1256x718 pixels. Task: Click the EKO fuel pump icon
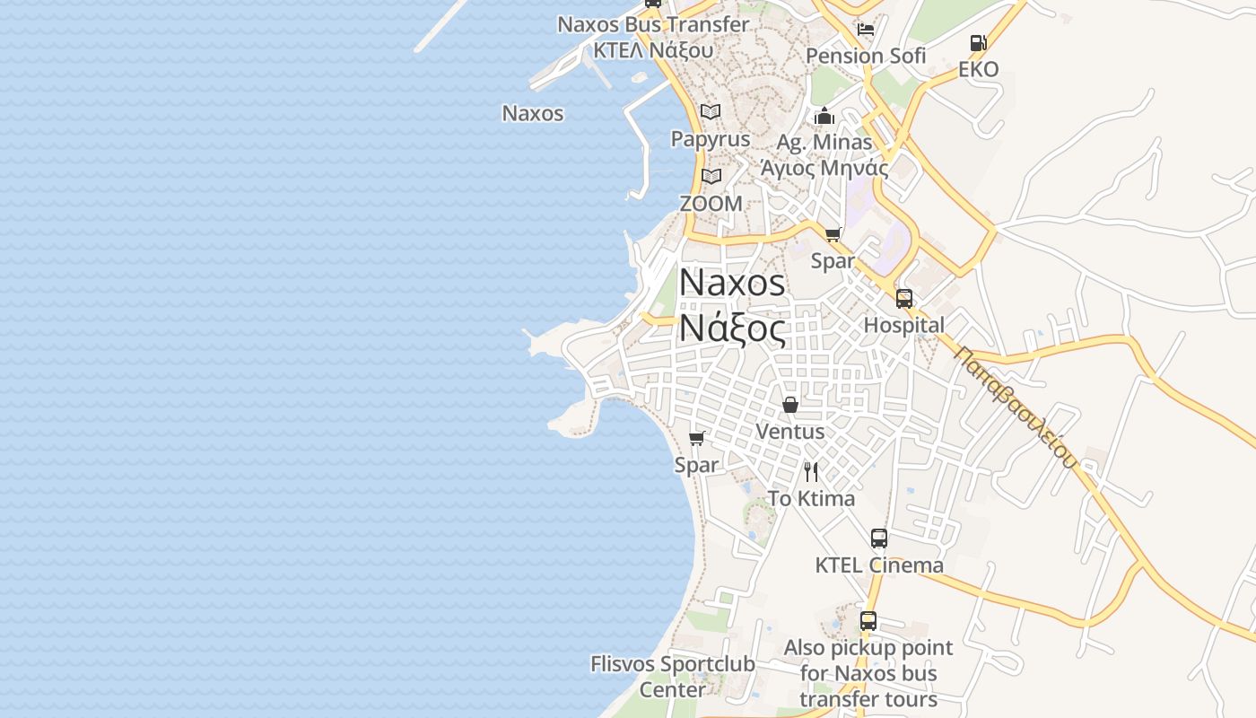pos(978,42)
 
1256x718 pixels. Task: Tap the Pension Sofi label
pos(866,56)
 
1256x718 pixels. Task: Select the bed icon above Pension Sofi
pos(866,29)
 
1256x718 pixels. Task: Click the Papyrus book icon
pos(711,112)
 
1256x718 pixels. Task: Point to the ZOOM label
pos(711,204)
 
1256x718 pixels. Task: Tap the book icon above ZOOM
pos(711,177)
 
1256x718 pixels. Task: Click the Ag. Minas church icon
pos(824,116)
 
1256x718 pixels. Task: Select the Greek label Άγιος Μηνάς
pos(824,168)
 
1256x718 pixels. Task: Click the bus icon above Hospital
pos(904,299)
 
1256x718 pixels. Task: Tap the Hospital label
pos(904,325)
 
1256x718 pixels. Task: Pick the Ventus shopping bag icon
pos(790,405)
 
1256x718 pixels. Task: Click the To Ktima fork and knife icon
pos(811,472)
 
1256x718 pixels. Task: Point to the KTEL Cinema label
pos(879,565)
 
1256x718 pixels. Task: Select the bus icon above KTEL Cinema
pos(879,538)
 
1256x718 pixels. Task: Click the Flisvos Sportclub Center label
pos(673,677)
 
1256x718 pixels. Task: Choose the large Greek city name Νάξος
pos(732,327)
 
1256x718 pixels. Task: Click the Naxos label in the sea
pos(533,113)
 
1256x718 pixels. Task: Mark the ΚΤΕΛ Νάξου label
pos(653,50)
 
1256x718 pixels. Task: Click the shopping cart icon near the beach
pos(696,438)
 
